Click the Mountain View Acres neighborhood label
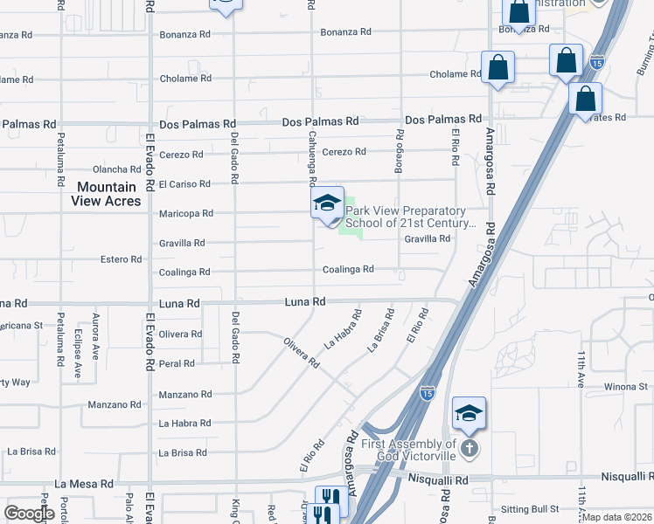pos(106,194)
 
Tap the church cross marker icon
pos(470,449)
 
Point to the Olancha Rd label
pos(117,169)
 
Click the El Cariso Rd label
pos(184,184)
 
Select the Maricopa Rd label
pos(185,213)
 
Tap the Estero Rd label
pos(121,259)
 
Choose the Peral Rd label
pos(177,363)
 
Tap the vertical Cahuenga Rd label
pos(312,158)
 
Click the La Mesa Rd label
pos(84,483)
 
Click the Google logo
pos(28,514)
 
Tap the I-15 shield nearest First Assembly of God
pos(428,393)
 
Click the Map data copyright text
pos(617,517)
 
